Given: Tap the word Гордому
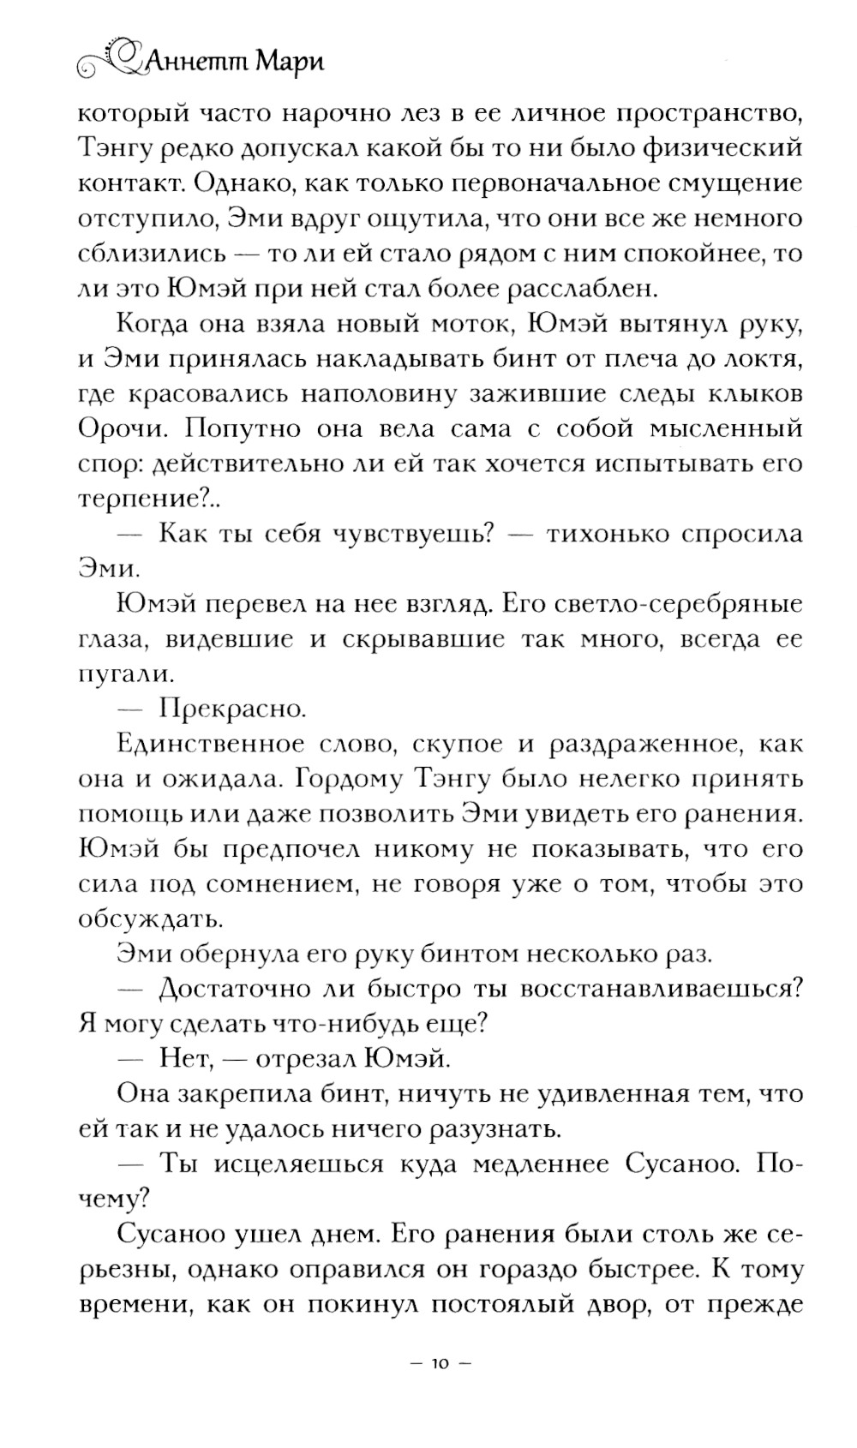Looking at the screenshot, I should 364,780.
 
